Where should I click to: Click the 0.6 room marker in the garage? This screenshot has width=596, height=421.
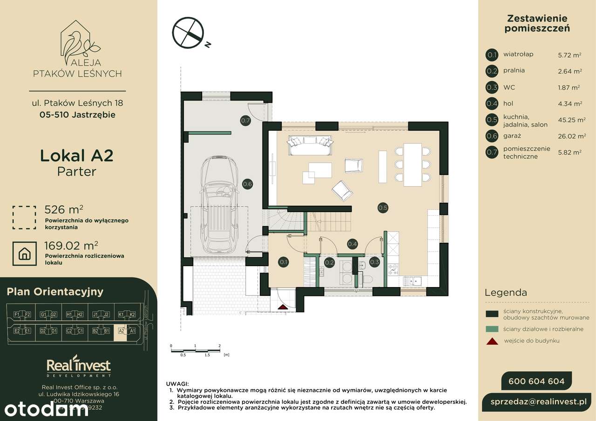(x=247, y=184)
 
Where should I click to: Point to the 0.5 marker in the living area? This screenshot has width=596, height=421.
(x=383, y=208)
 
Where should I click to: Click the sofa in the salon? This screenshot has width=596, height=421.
(x=310, y=145)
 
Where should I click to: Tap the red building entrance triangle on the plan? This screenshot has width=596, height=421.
(x=283, y=307)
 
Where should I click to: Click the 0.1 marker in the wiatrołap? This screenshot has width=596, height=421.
(x=283, y=262)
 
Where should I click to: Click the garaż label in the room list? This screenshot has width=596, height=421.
(x=512, y=136)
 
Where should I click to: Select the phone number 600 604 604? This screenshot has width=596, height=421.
(x=536, y=381)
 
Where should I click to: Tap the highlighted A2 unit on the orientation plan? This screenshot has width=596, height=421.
(x=122, y=331)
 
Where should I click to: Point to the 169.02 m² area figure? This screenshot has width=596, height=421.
(x=71, y=245)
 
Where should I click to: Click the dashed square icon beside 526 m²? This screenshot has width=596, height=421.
(x=24, y=218)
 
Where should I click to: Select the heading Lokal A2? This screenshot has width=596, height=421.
(x=77, y=155)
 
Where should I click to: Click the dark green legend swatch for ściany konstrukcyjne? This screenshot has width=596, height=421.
(x=492, y=314)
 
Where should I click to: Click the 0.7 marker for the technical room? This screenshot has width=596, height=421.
(x=245, y=121)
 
